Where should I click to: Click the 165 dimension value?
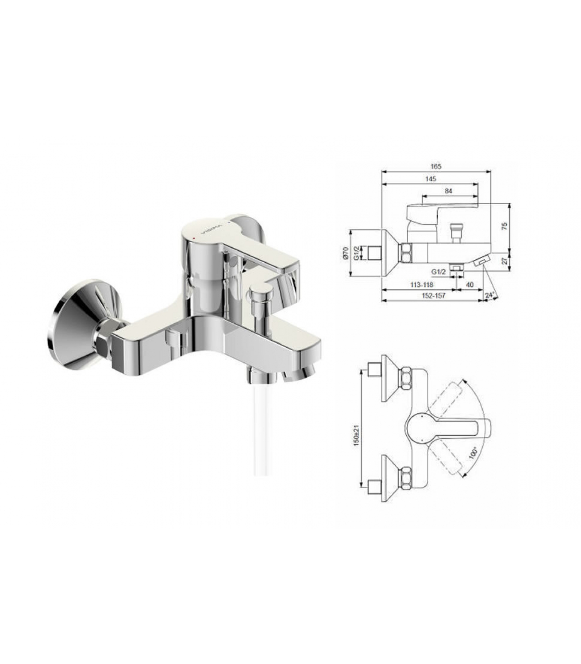coord(435,166)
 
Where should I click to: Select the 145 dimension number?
coord(430,179)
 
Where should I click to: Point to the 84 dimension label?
coord(448,191)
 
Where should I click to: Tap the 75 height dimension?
coord(505,226)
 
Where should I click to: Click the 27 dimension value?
coord(505,261)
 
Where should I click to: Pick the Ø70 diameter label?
coord(345,253)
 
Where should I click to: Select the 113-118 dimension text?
coord(421,285)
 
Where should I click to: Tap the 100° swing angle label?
coord(473,452)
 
